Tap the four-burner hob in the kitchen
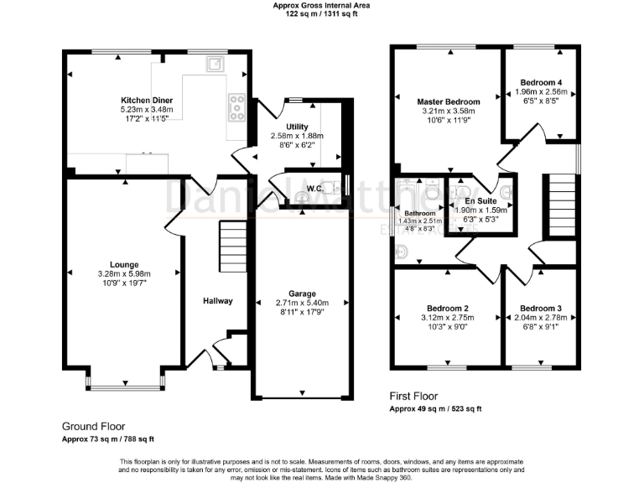(236, 106)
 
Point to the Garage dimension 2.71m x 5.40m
(304, 304)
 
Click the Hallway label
(217, 300)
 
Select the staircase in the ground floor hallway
(231, 242)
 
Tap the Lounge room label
(122, 265)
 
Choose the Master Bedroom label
(449, 100)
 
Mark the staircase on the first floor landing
(560, 205)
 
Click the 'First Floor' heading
(413, 396)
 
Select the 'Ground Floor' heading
(93, 426)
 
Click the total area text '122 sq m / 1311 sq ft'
(321, 13)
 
